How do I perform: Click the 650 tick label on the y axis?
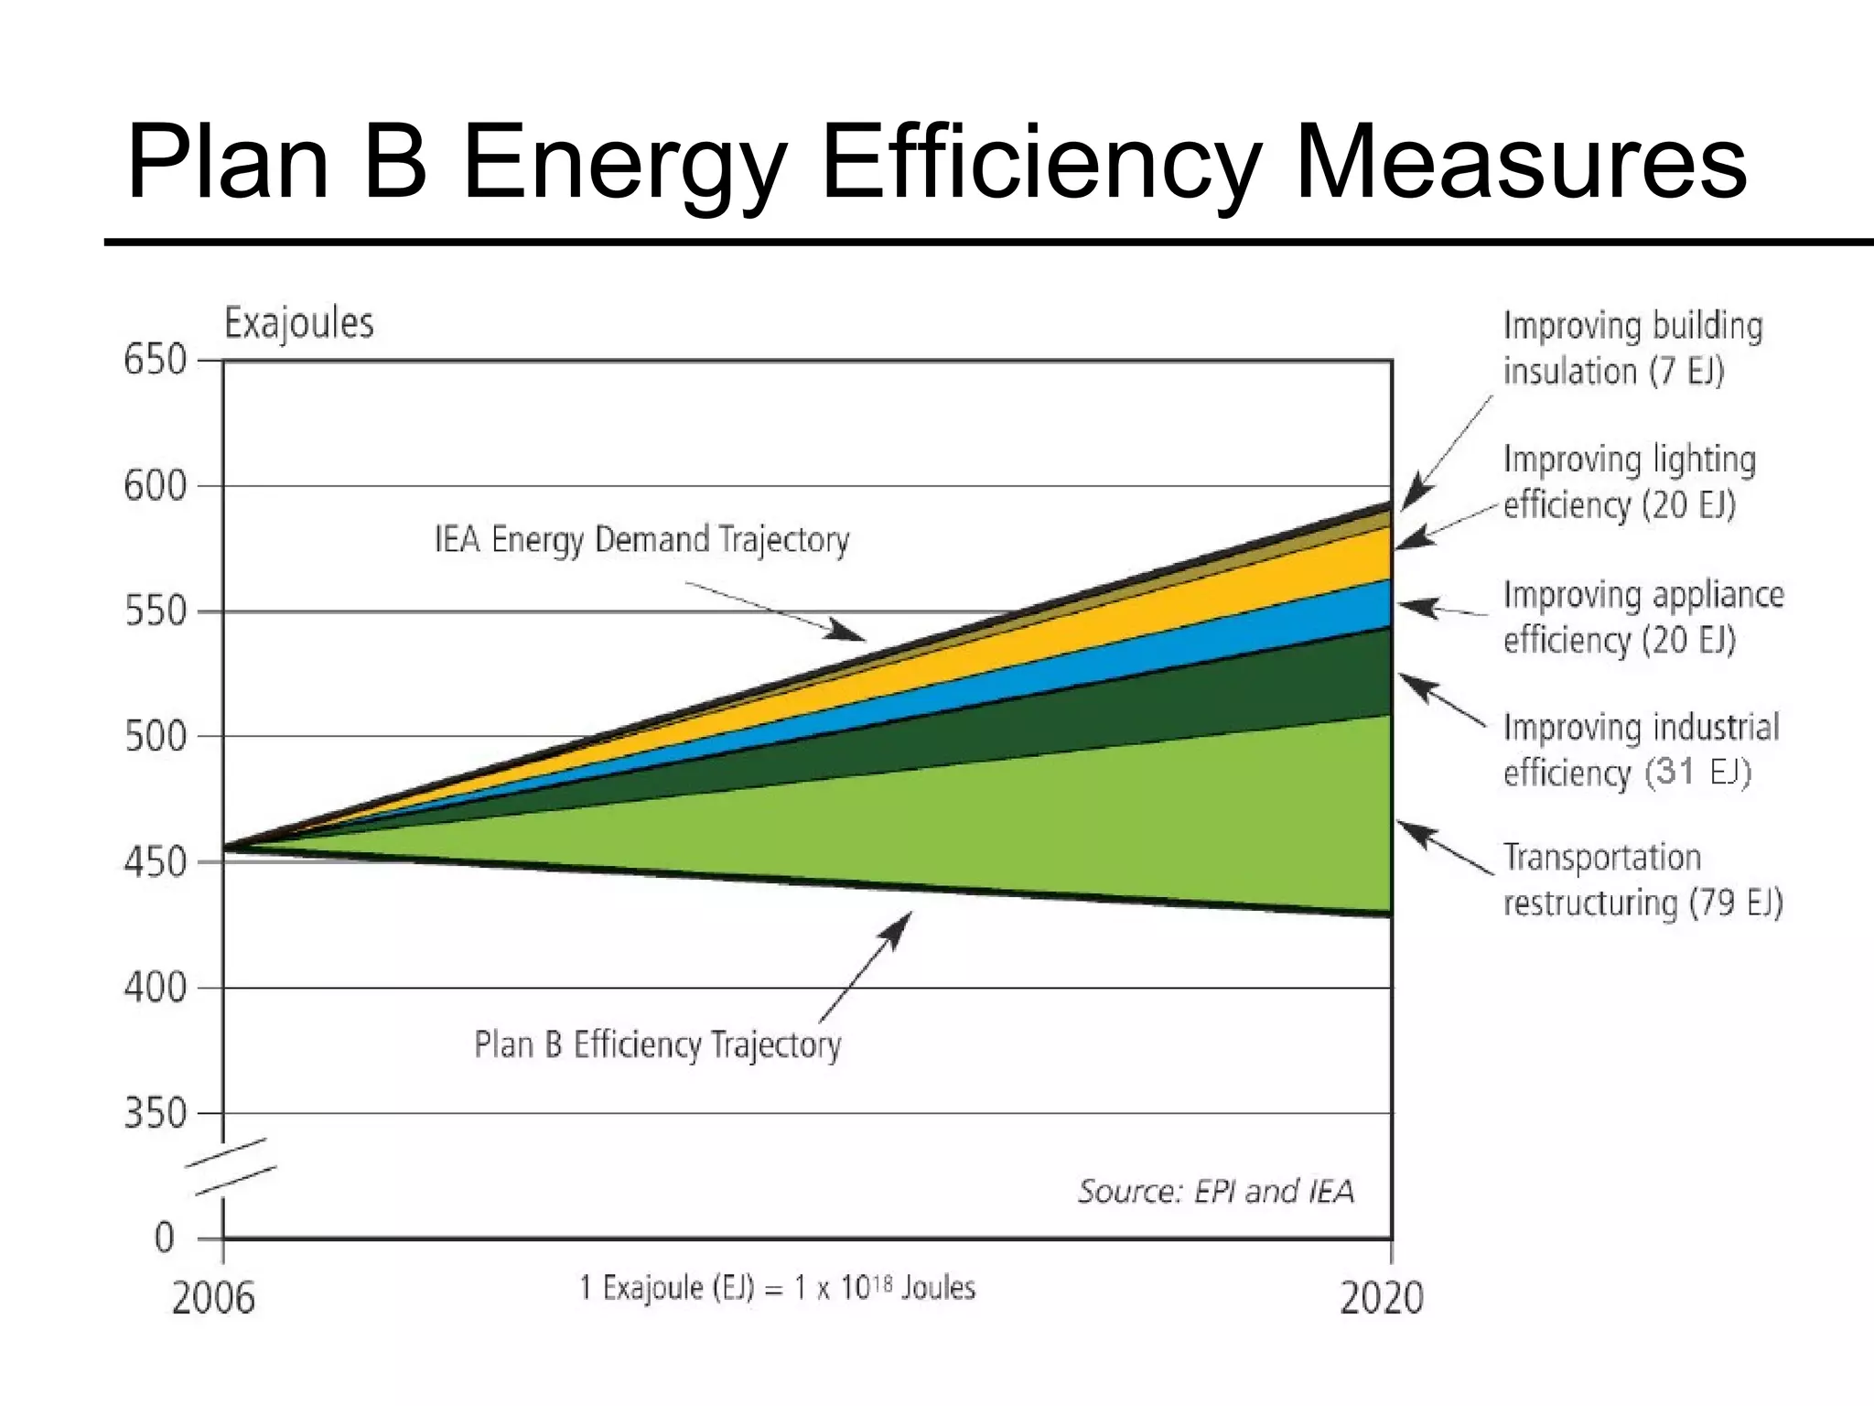[x=155, y=360]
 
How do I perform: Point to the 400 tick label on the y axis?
[x=155, y=988]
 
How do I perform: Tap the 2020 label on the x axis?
[x=1381, y=1299]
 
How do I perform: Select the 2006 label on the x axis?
[x=213, y=1299]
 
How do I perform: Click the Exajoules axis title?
[x=299, y=323]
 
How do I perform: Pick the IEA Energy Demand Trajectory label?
[x=641, y=539]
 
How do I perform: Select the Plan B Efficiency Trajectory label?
[x=657, y=1044]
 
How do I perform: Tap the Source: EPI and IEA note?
[x=1215, y=1191]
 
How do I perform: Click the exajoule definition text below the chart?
[x=777, y=1288]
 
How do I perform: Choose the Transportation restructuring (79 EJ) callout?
[x=1642, y=880]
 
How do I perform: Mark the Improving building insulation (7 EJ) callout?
[x=1632, y=349]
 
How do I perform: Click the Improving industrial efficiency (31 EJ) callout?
[x=1641, y=750]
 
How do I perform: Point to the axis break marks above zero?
[x=231, y=1166]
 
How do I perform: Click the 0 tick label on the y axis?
[x=165, y=1238]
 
